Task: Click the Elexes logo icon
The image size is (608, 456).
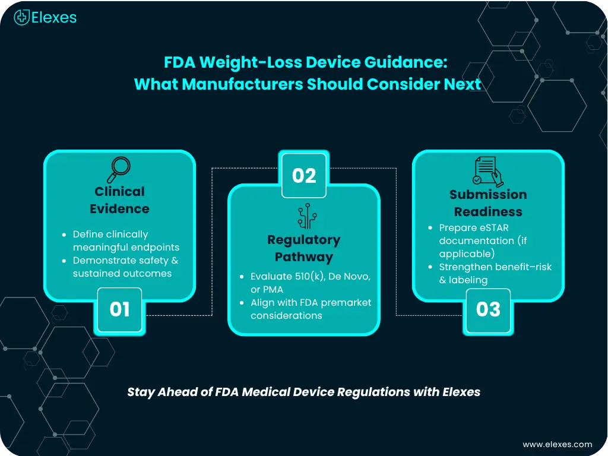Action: [x=22, y=17]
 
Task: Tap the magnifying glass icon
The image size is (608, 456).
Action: [x=119, y=169]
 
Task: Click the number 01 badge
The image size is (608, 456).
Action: [x=119, y=309]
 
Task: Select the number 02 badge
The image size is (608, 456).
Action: [x=304, y=176]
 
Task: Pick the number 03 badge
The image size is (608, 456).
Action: [x=488, y=310]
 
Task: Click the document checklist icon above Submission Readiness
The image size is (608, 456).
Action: [x=488, y=172]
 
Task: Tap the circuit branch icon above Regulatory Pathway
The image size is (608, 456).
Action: [x=307, y=216]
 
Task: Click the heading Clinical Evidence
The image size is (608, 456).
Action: [x=119, y=200]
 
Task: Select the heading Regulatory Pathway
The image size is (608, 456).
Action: [x=304, y=248]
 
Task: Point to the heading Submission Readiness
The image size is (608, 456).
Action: [x=488, y=203]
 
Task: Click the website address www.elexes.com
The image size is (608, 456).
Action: [x=557, y=444]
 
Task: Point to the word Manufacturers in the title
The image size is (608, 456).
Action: [x=242, y=84]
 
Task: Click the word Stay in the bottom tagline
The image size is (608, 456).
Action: [x=141, y=392]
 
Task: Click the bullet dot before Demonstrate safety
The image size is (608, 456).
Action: [x=64, y=261]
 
